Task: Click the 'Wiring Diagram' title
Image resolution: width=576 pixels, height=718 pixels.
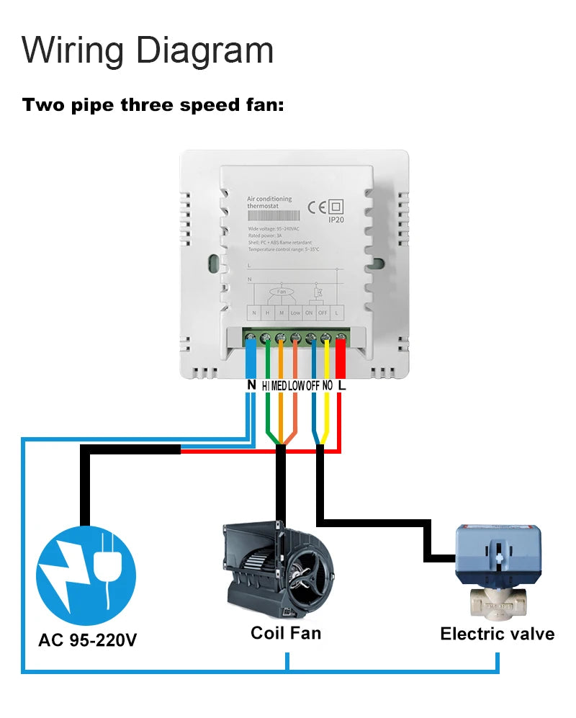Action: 148,50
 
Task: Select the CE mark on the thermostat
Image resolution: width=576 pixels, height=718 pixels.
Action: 317,207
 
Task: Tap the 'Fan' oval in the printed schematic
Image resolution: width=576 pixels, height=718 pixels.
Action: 282,292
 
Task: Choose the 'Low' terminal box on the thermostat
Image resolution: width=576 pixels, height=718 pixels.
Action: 295,313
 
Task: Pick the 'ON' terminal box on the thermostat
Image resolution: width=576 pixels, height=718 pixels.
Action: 309,313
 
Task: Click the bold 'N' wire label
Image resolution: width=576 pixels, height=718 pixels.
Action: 251,385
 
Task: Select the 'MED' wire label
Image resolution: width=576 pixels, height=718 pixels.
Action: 279,386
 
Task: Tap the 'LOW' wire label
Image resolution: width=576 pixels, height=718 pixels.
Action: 296,386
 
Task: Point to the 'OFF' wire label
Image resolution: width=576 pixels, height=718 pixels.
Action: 312,386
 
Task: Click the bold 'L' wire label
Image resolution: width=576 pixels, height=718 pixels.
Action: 342,385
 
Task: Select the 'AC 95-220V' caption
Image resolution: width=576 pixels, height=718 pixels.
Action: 86,640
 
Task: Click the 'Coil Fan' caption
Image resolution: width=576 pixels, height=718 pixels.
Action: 285,633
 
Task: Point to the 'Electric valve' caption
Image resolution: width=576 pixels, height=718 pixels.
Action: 497,634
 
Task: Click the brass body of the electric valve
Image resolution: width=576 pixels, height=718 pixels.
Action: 496,602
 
